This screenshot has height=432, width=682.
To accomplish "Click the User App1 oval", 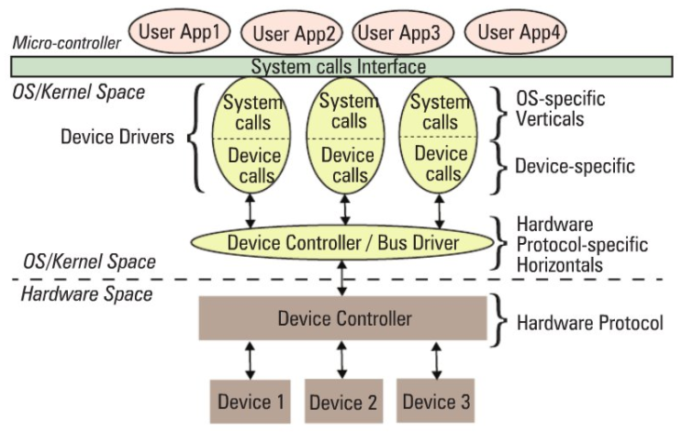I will (178, 32).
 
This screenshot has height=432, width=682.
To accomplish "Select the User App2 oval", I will (292, 34).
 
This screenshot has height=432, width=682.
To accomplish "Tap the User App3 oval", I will (398, 33).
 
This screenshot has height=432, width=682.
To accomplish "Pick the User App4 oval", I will (516, 33).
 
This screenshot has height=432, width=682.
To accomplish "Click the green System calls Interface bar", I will (339, 67).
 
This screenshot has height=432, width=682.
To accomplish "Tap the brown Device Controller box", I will (342, 318).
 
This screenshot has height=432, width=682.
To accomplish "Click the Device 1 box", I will (250, 401).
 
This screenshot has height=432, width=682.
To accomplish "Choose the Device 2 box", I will (342, 401).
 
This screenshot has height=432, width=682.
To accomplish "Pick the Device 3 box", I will (436, 401).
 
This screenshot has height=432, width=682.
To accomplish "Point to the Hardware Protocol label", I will (590, 323).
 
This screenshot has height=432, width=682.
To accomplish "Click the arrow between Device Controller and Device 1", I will (250, 360).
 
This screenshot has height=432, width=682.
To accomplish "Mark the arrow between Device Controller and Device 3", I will (436, 360).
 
